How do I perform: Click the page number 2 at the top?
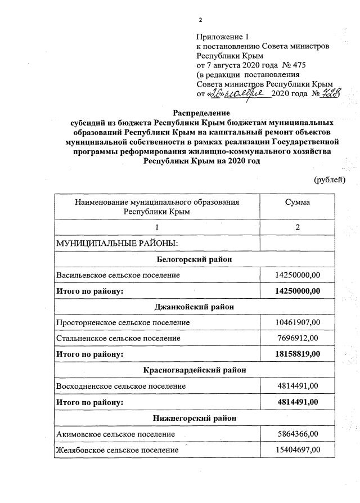point(200,20)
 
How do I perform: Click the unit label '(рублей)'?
point(328,179)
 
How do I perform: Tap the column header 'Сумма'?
point(298,202)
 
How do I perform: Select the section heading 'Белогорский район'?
point(193,259)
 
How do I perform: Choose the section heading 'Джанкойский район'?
point(193,307)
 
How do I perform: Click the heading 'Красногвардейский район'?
point(193,370)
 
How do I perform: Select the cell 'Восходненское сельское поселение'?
point(120,387)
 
